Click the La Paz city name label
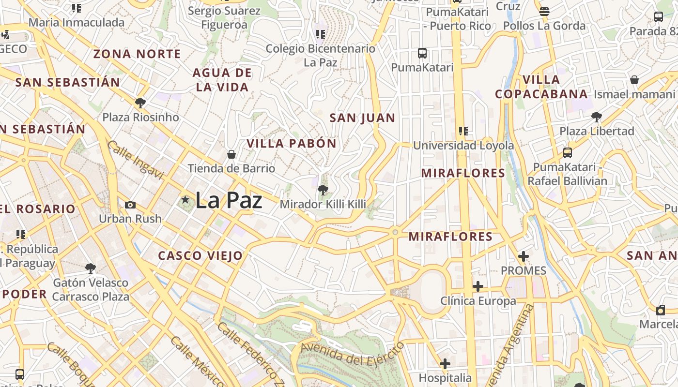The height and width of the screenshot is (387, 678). [229, 200]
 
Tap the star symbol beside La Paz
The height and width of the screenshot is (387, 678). [185, 199]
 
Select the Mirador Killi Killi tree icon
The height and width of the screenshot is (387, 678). [323, 190]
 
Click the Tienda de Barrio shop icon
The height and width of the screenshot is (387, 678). [231, 154]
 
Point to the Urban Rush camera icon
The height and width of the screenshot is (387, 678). [130, 205]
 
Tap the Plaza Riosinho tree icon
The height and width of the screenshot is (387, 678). [140, 103]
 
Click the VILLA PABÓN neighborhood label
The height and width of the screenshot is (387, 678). [292, 143]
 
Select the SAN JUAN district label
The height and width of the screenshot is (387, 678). [362, 118]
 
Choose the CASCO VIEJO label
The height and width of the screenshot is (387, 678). [200, 256]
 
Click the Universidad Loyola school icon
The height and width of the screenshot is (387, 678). [463, 131]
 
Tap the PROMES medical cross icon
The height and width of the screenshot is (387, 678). [523, 256]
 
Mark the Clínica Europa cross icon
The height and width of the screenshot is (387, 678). [478, 286]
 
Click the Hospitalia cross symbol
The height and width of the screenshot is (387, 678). [445, 363]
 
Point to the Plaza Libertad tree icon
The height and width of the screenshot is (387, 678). [597, 117]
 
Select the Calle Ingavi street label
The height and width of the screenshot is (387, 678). [135, 160]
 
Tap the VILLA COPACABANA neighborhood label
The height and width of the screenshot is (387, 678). [541, 87]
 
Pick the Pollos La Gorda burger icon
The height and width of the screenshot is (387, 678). [544, 11]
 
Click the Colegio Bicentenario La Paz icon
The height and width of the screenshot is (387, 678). [320, 34]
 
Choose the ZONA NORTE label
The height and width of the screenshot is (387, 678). [137, 54]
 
